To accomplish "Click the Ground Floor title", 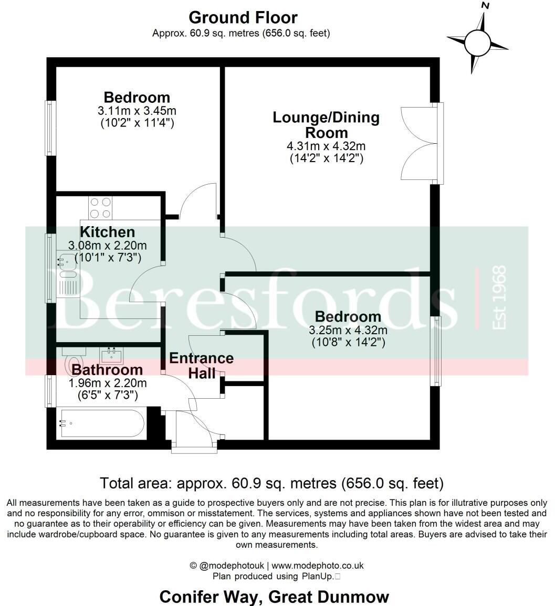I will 243,17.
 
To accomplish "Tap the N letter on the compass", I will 485,6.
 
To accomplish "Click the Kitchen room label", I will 107,232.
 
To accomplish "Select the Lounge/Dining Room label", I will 326,124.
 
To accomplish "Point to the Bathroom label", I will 107,369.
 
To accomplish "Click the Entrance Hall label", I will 201,366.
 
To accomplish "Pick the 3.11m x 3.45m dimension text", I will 137,111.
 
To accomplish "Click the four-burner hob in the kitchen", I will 100,207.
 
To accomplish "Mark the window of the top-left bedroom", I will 50,128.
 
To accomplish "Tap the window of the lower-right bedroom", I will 435,350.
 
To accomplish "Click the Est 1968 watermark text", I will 499,297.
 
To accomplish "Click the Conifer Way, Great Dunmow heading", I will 274,597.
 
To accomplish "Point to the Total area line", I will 271,483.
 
